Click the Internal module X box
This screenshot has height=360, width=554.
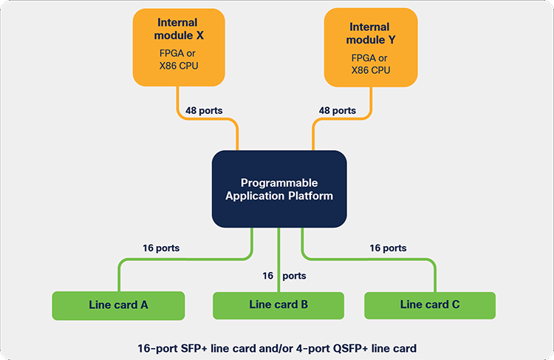(x=179, y=47)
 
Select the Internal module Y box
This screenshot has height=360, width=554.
(x=371, y=47)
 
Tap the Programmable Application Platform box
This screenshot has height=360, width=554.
(x=279, y=189)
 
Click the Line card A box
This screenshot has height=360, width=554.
(x=118, y=305)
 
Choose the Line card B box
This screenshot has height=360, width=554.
(x=278, y=305)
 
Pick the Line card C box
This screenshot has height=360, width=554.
(x=430, y=305)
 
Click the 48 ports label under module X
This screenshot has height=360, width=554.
(x=204, y=111)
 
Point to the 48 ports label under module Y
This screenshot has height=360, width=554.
(x=338, y=111)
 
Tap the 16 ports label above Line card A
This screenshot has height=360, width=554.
(x=161, y=248)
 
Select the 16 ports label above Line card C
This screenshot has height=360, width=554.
(x=388, y=248)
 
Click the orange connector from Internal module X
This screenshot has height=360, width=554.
(x=207, y=119)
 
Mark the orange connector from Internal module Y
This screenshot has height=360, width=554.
(x=342, y=119)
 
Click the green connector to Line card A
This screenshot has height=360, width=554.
(x=185, y=259)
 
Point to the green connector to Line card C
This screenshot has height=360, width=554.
(x=368, y=259)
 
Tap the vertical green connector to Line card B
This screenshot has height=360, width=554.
(x=278, y=260)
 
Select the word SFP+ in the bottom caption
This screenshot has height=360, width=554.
(x=194, y=349)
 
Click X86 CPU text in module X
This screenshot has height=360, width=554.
(x=179, y=66)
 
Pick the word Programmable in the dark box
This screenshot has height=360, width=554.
(x=279, y=183)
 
